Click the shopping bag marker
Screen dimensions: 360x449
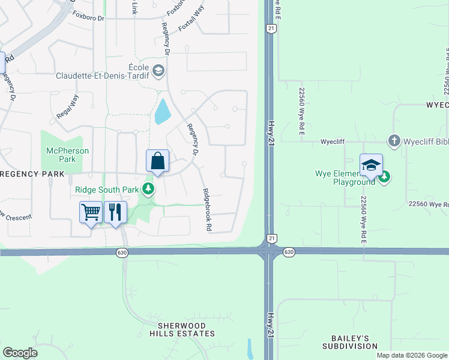coord(157,161)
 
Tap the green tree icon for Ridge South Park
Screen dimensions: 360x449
coord(148,190)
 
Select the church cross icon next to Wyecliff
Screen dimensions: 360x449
coord(394,141)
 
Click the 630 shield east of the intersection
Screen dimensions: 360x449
coord(288,252)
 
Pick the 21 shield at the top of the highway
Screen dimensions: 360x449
coord(271,28)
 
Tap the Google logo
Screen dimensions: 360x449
coord(20,353)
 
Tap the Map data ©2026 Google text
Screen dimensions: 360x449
coord(411,355)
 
